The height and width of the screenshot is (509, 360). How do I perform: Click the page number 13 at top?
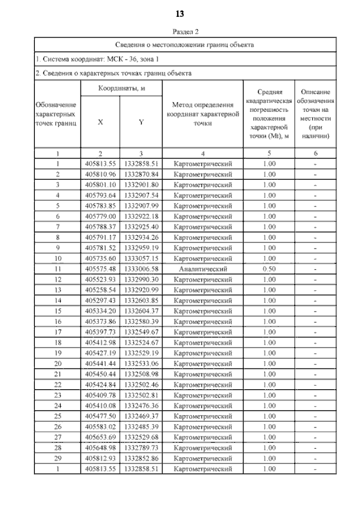pos(180,13)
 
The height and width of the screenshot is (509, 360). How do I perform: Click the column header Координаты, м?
pos(122,88)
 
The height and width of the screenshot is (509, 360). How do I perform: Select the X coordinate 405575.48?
pos(100,269)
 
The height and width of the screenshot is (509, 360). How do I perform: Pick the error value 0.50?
pos(269,269)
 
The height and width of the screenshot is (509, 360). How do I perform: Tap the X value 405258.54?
pos(100,290)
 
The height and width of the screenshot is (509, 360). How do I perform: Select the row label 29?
pos(58,458)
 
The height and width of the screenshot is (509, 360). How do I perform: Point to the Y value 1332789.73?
pos(141,448)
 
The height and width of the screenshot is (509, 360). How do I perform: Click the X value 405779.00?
pos(100,215)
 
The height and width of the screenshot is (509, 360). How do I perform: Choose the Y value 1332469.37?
pos(141,417)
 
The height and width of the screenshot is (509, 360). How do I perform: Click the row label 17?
pos(58,331)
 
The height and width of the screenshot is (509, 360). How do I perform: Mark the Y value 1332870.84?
pos(141,174)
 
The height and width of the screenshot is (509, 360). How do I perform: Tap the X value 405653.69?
pos(100,438)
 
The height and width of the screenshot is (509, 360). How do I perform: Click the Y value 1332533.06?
pos(141,364)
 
